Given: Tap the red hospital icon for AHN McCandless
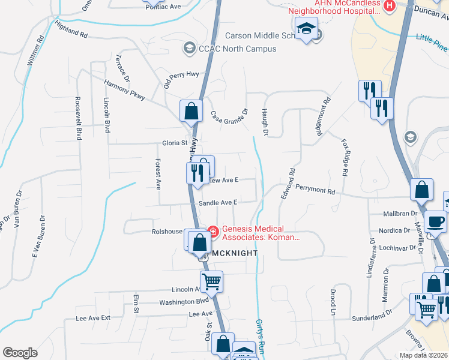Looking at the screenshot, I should tap(390, 5).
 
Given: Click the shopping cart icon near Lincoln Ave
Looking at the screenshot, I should tap(211, 281).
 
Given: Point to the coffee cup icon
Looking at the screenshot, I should tap(435, 221).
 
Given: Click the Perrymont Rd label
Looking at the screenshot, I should tap(315, 191).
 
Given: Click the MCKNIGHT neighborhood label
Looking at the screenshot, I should tap(233, 253).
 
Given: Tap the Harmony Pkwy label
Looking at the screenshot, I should tap(124, 89).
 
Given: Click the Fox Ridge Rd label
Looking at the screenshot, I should tap(345, 157).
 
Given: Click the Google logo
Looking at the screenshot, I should tap(20, 353).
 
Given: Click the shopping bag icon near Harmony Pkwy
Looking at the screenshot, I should tap(191, 110).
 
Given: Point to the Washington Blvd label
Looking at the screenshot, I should tap(184, 302).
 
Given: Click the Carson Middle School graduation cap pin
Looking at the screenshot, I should tap(307, 29).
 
